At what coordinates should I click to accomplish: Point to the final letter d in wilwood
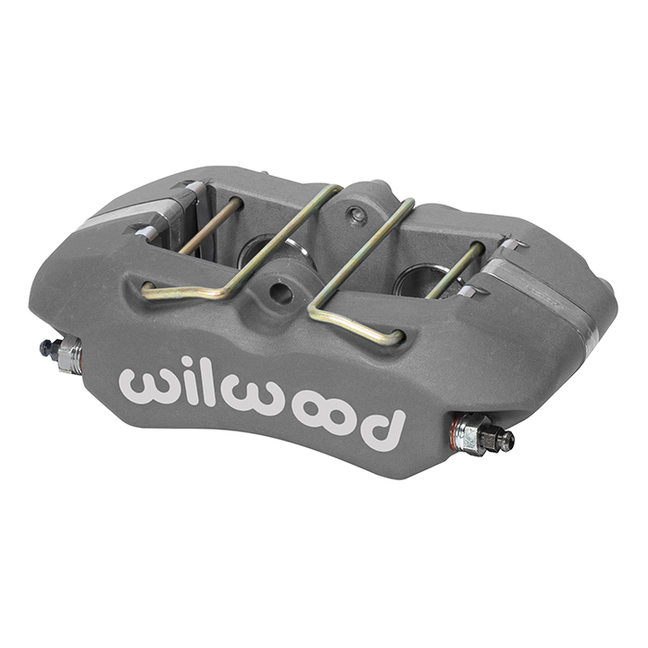pos(381,429)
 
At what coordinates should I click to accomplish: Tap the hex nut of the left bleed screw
pos(69,355)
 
